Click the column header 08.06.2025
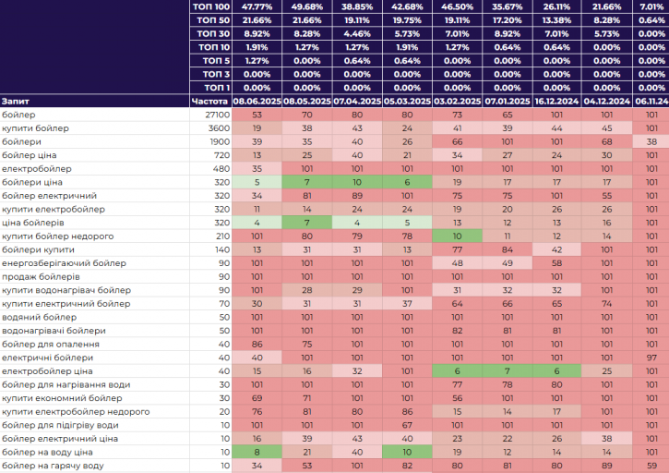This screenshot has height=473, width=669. point(257,101)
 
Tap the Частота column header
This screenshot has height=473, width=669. point(209,101)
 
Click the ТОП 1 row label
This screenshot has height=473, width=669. point(214,87)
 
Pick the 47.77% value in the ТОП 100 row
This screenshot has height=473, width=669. point(257,6)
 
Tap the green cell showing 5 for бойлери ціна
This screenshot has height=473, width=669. point(257,182)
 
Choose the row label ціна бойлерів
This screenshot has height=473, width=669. point(33,223)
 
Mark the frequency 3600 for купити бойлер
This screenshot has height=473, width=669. point(219,127)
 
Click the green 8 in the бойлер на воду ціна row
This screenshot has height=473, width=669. point(257,452)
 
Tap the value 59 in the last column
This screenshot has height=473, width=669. point(651,466)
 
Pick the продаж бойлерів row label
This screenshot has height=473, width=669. point(42,276)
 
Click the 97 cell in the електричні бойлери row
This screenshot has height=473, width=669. point(651,358)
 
